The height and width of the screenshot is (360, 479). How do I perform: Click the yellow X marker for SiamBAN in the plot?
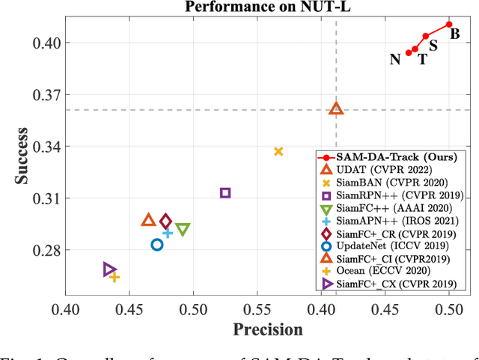tap(278, 151)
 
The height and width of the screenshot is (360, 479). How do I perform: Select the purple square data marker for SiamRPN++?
tap(225, 193)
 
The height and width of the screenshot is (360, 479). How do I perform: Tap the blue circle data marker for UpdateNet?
tap(157, 245)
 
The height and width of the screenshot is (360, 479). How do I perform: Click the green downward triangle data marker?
tap(183, 229)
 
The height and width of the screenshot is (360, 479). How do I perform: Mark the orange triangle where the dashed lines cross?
tap(336, 109)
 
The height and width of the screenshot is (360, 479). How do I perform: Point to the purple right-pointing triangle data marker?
tap(109, 269)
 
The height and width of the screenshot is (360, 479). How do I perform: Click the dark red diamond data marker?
tap(166, 222)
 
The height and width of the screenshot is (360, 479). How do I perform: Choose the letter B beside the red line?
tap(454, 34)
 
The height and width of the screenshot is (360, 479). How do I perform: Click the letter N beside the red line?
tap(394, 59)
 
